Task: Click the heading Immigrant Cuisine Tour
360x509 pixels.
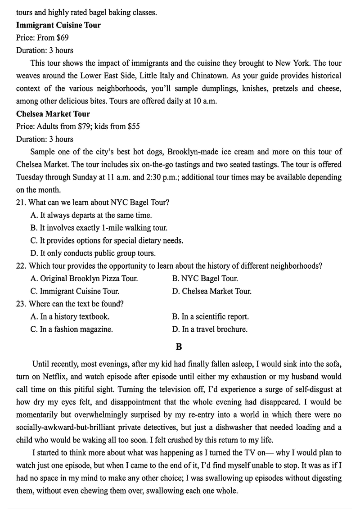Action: tap(58, 25)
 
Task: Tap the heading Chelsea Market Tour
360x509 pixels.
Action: tap(53, 114)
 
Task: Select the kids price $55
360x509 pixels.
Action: tap(133, 126)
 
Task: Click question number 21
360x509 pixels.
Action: tap(21, 203)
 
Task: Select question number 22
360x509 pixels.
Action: tap(21, 266)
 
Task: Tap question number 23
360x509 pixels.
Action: tap(21, 304)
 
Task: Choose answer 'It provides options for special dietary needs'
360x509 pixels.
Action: tap(107, 240)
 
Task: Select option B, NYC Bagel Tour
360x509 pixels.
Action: tap(205, 279)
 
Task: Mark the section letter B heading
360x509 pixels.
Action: tap(179, 347)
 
